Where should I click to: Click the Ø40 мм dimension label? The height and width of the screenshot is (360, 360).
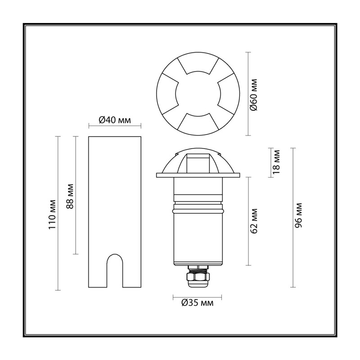(115, 120)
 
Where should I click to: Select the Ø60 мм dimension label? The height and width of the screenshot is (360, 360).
(254, 94)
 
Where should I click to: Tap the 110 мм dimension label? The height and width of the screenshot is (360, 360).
(52, 215)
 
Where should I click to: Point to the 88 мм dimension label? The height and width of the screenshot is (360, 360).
(70, 196)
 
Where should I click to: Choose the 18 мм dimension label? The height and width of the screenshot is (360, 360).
(276, 162)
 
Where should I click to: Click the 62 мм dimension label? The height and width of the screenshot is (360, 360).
(254, 221)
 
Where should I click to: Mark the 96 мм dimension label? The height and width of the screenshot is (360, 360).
(298, 215)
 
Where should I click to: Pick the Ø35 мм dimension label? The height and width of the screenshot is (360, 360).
(197, 302)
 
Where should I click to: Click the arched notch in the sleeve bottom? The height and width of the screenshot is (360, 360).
(115, 271)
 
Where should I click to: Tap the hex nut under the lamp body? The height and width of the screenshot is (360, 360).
(198, 277)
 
